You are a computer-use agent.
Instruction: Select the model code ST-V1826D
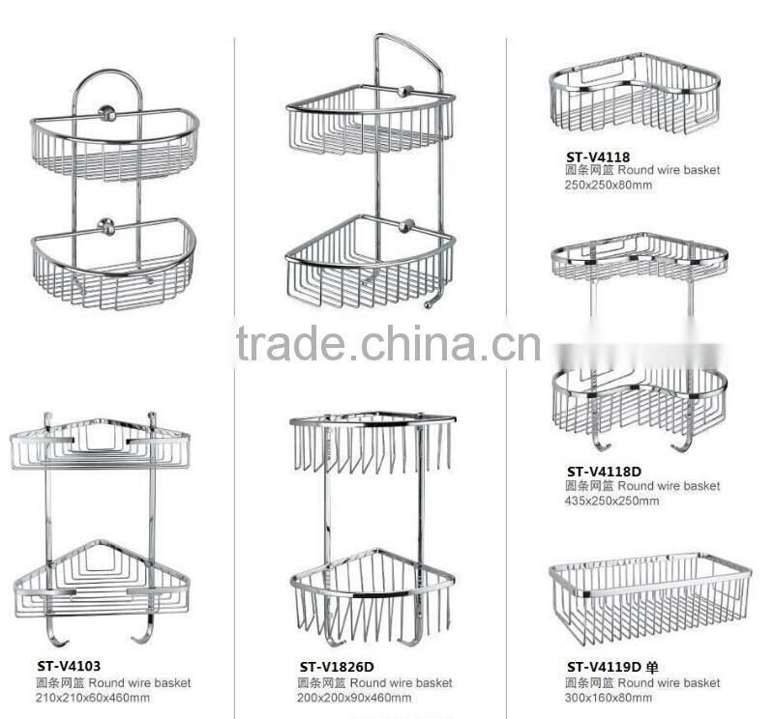tap(337, 666)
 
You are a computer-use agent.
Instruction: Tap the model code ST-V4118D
tap(604, 472)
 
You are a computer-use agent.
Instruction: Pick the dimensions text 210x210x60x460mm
tap(93, 698)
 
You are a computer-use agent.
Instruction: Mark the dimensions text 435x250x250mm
tap(612, 501)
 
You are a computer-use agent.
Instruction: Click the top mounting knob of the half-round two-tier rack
tap(106, 115)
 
